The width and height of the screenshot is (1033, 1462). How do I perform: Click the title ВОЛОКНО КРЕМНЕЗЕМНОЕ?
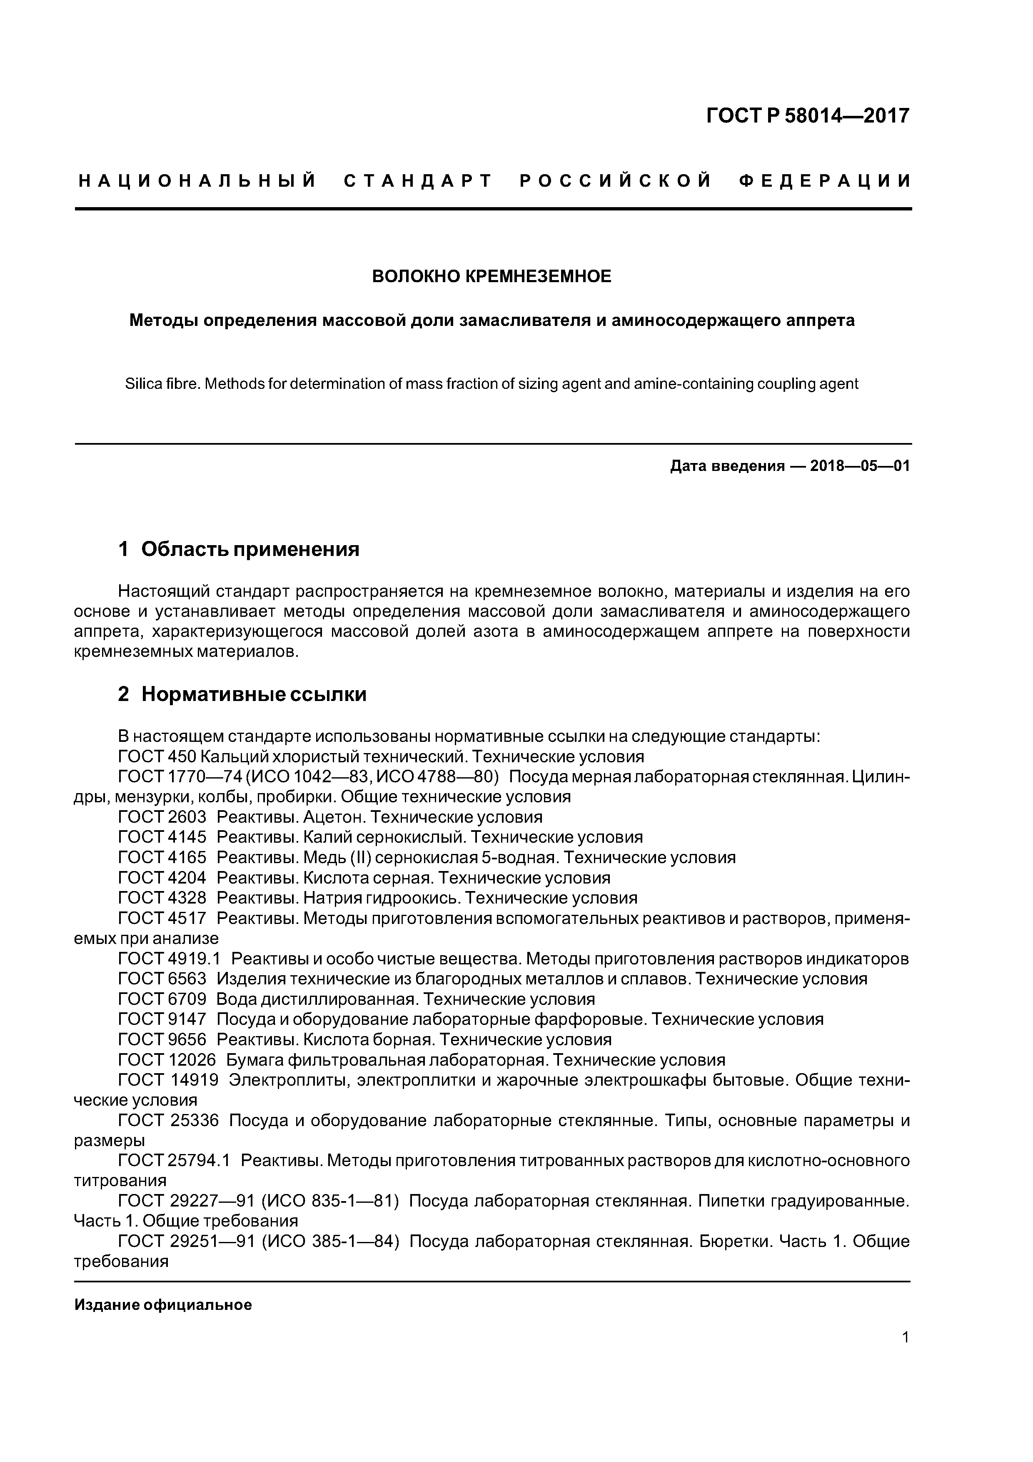(492, 276)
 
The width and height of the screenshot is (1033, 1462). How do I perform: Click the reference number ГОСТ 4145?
(162, 837)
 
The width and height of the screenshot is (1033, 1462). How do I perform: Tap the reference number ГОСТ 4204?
(162, 878)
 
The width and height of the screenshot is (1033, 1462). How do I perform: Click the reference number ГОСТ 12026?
(167, 1060)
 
